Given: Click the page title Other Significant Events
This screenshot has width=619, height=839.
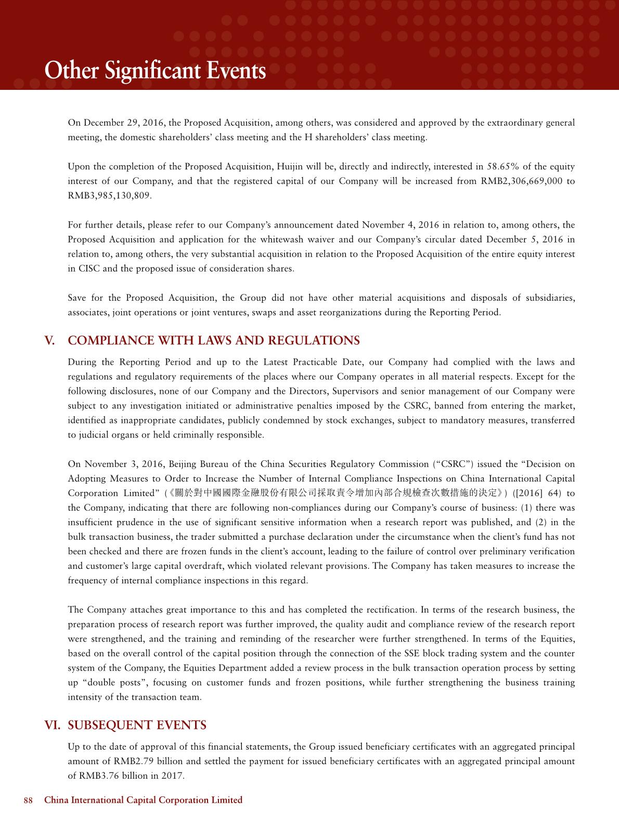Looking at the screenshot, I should coord(155,71).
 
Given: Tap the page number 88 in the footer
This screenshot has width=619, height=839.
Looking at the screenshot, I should coord(28,800).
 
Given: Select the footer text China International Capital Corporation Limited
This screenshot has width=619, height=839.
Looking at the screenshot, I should coord(144,800).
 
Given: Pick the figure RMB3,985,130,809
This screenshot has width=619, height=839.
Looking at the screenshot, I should coord(110,196).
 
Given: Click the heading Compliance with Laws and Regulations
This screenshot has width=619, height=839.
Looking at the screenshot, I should coord(214,341).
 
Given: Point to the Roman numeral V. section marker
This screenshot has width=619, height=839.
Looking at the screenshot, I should coord(50,341).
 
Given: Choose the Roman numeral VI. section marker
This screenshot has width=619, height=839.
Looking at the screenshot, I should coord(53,725).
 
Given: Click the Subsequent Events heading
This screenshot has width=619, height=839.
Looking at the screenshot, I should coord(137,725).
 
